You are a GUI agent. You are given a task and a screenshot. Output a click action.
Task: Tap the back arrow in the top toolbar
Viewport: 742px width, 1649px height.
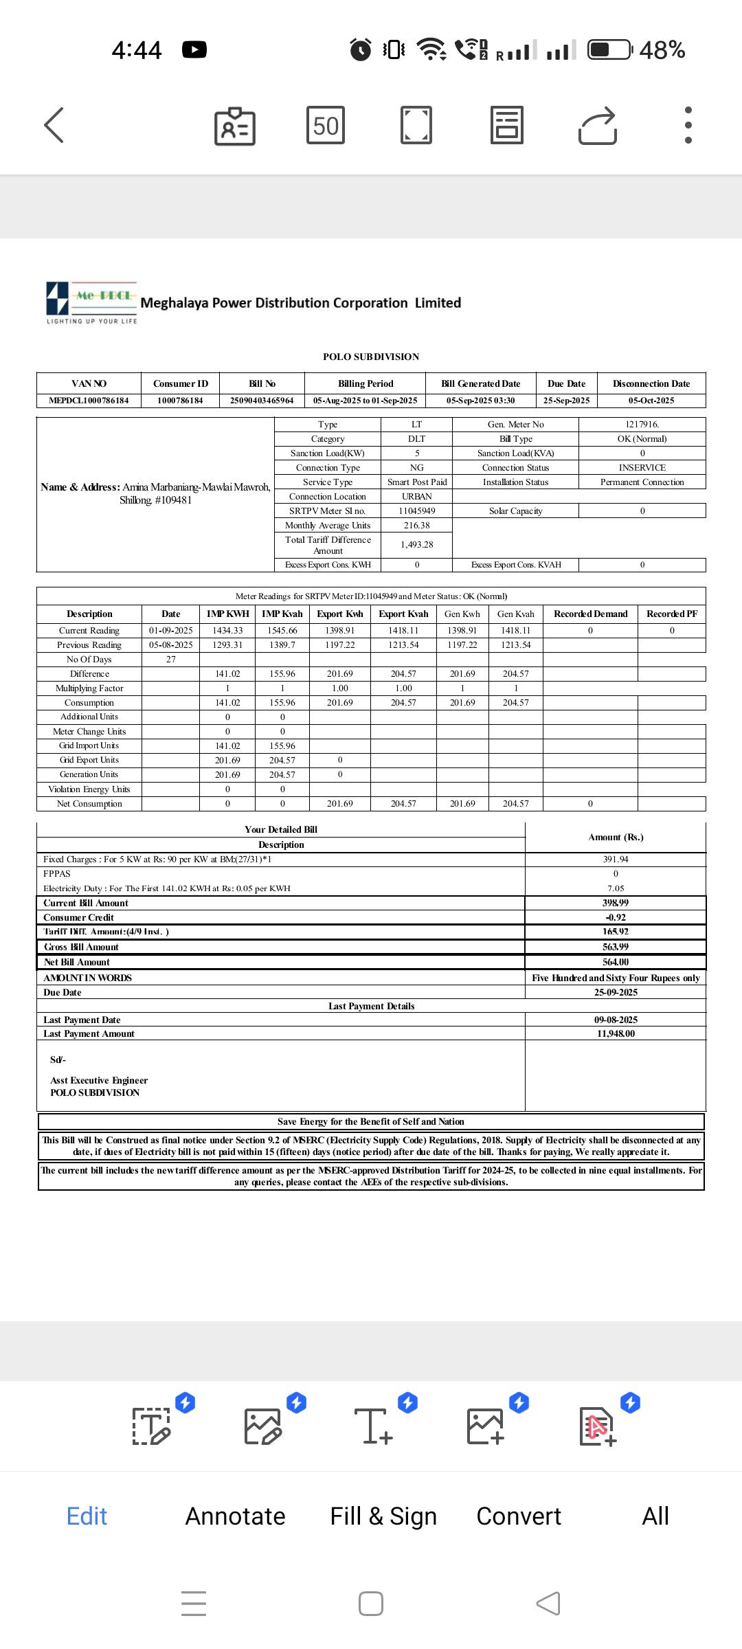pyautogui.click(x=54, y=125)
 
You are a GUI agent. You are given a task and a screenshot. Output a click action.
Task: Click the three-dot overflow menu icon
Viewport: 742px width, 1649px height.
pyautogui.click(x=688, y=125)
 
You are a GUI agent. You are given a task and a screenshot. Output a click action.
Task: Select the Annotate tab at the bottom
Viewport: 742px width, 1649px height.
pyautogui.click(x=235, y=1516)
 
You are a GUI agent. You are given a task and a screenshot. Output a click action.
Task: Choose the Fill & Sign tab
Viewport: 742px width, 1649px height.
pyautogui.click(x=383, y=1516)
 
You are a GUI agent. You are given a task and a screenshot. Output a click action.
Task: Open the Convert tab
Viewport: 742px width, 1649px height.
pyautogui.click(x=519, y=1516)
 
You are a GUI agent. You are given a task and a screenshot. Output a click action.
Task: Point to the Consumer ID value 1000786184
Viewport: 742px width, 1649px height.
pyautogui.click(x=180, y=401)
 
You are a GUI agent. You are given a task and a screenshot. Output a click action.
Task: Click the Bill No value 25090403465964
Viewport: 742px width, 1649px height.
pyautogui.click(x=262, y=401)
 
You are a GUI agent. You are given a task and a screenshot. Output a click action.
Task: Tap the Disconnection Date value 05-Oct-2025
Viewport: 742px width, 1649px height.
pyautogui.click(x=651, y=401)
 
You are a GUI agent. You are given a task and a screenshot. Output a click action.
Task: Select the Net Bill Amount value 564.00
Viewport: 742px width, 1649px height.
pyautogui.click(x=616, y=963)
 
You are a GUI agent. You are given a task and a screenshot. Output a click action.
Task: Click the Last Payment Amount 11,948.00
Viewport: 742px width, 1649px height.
pyautogui.click(x=616, y=1034)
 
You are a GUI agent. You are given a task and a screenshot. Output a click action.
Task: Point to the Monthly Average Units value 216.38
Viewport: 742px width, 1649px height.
pyautogui.click(x=416, y=526)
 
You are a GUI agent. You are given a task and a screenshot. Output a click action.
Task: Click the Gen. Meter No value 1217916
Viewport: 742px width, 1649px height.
pyautogui.click(x=642, y=425)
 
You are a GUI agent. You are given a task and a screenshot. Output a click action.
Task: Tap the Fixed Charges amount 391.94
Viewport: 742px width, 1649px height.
pyautogui.click(x=616, y=860)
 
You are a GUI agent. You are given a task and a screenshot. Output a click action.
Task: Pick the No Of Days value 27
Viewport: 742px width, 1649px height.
pyautogui.click(x=171, y=660)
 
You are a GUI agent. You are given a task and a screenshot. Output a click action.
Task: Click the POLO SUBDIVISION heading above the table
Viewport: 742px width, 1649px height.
pyautogui.click(x=371, y=357)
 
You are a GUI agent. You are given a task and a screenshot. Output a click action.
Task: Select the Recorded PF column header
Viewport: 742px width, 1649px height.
pyautogui.click(x=671, y=614)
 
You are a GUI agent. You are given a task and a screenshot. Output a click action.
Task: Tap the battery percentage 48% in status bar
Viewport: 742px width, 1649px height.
pyautogui.click(x=662, y=50)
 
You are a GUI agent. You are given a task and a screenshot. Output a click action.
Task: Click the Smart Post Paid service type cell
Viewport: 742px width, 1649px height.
pyautogui.click(x=416, y=482)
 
